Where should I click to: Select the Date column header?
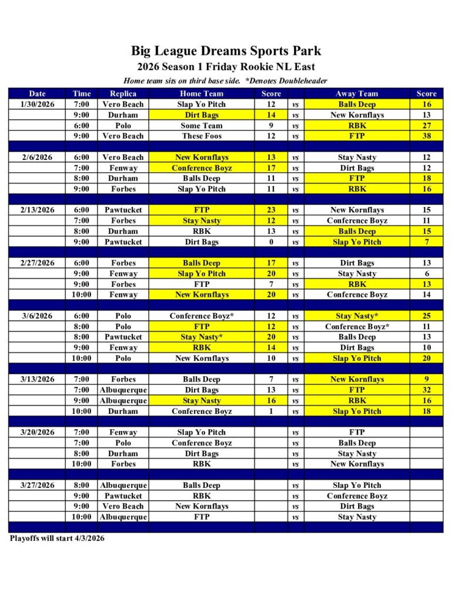[38, 93]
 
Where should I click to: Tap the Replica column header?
[123, 93]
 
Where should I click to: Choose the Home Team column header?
[202, 93]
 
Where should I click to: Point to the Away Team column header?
[357, 93]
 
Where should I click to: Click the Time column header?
[82, 93]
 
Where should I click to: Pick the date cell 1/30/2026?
[38, 104]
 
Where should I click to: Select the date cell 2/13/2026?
[38, 210]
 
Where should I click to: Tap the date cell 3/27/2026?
[38, 485]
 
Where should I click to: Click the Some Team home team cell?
[202, 125]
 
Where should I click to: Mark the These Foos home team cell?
[202, 136]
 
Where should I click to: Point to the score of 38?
[426, 136]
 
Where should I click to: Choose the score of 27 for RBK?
[426, 125]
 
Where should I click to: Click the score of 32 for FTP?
[426, 390]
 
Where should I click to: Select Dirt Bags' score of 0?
[271, 242]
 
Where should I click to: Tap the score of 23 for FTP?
[271, 210]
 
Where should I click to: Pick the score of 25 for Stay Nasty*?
[426, 316]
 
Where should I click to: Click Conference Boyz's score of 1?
[271, 411]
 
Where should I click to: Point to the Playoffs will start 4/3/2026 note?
[57, 538]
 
